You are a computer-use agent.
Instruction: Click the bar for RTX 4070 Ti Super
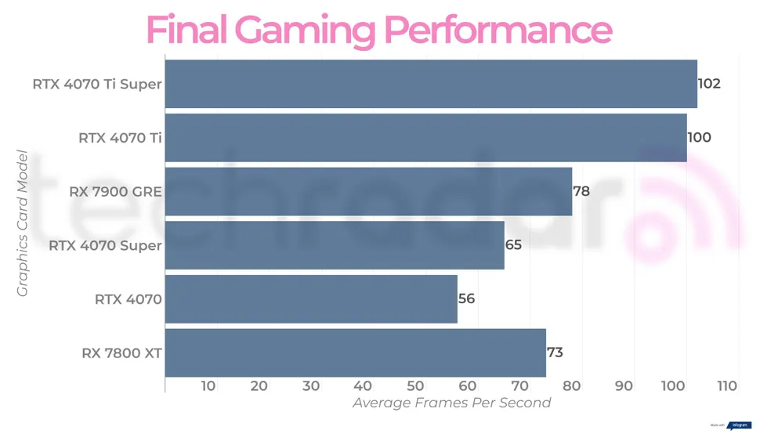tap(431, 84)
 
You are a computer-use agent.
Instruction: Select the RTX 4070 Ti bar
tap(425, 138)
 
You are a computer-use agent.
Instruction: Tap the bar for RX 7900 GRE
tap(368, 191)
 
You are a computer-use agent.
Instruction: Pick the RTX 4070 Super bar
tap(335, 245)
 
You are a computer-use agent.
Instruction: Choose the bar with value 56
tap(311, 298)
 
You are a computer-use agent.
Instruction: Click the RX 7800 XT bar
tap(355, 353)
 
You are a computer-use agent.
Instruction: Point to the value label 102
tap(709, 84)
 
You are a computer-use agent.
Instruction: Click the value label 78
tap(581, 191)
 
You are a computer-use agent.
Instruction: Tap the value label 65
tap(513, 245)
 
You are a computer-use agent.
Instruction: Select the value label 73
tap(555, 353)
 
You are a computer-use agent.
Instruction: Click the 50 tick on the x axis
tap(415, 386)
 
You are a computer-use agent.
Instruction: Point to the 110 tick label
tap(727, 386)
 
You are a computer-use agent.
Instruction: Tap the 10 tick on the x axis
tap(208, 386)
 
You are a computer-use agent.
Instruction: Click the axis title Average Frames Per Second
tap(451, 403)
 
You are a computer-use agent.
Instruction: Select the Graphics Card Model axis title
tap(22, 223)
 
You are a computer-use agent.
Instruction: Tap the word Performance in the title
tap(497, 30)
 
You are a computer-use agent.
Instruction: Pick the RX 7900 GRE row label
tap(115, 191)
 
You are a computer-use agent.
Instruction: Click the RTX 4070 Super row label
tap(105, 245)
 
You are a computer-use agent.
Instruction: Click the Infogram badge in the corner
tap(739, 425)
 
